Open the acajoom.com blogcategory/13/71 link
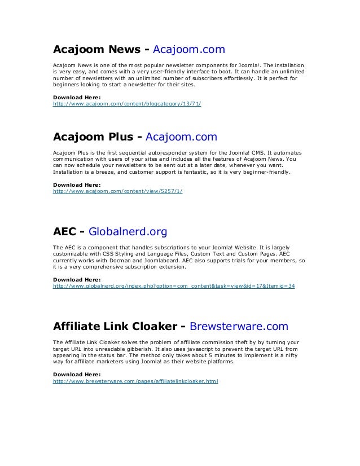pyautogui.click(x=127, y=104)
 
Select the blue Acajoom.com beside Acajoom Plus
pyautogui.click(x=181, y=137)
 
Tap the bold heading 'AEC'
pyautogui.click(x=65, y=231)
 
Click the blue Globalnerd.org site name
pyautogui.click(x=128, y=231)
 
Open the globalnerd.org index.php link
pyautogui.click(x=173, y=286)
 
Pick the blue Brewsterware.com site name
pyautogui.click(x=239, y=326)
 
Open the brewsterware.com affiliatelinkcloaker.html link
pyautogui.click(x=135, y=381)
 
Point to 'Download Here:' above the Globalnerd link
pyautogui.click(x=76, y=279)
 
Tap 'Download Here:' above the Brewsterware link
pyautogui.click(x=76, y=374)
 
